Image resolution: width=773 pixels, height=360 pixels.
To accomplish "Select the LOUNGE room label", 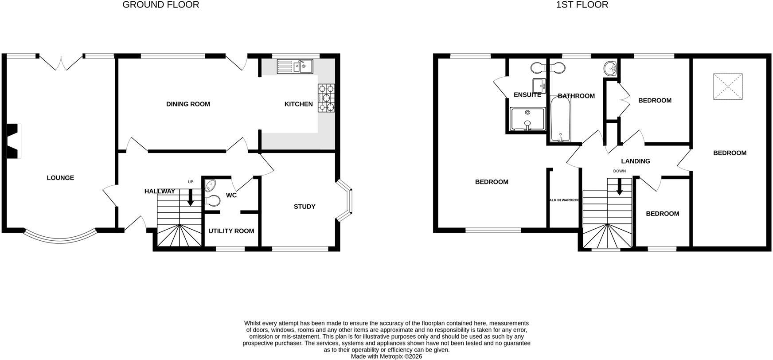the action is [x=60, y=178].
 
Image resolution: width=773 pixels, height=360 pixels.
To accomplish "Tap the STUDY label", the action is [x=305, y=207].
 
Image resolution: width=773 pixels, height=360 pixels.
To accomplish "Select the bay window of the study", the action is [x=345, y=200].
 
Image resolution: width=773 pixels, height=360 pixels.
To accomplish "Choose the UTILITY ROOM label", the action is [x=231, y=231].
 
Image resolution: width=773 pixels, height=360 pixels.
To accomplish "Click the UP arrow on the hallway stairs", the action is [x=191, y=197].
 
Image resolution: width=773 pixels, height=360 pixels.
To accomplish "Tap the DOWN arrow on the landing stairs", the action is [x=619, y=187].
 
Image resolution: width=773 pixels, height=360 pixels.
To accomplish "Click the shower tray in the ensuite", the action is [x=527, y=119].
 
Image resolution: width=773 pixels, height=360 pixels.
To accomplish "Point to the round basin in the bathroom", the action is [x=611, y=68].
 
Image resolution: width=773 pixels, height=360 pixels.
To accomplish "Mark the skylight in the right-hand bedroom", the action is [x=728, y=86].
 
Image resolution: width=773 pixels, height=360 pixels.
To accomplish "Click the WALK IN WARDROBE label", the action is [x=564, y=200].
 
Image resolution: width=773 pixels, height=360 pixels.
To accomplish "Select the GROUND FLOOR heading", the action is [x=161, y=5].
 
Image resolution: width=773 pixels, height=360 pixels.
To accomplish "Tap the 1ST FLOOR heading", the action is [x=582, y=5].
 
